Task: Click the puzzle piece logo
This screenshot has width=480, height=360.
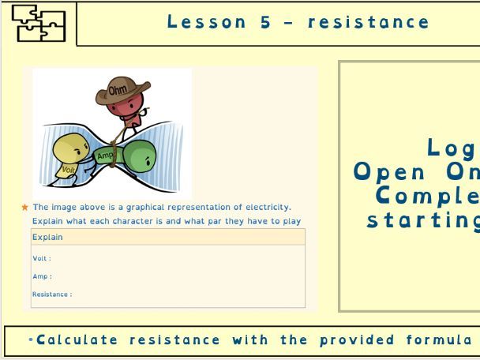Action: pyautogui.click(x=38, y=24)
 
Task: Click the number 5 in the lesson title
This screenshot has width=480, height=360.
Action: pyautogui.click(x=265, y=22)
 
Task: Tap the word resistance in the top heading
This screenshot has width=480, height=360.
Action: pyautogui.click(x=369, y=22)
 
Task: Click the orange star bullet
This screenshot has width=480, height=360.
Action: pyautogui.click(x=25, y=208)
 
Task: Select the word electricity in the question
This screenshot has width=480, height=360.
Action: pyautogui.click(x=266, y=208)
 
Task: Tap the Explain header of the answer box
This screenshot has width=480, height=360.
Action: pyautogui.click(x=47, y=237)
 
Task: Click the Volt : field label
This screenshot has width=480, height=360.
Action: pyautogui.click(x=42, y=258)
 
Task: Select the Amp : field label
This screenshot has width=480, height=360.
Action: pyautogui.click(x=42, y=276)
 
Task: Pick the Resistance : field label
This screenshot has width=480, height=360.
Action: pyautogui.click(x=52, y=294)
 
